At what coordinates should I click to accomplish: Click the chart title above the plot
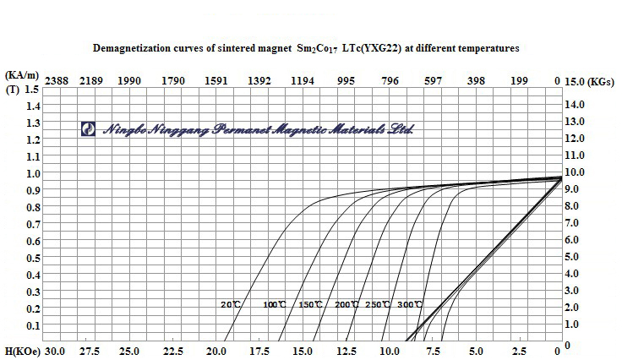coord(308,49)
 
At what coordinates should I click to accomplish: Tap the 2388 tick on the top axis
coord(56,81)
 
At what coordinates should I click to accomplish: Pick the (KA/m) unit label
coord(19,75)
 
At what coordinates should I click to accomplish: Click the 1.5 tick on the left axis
coord(32,89)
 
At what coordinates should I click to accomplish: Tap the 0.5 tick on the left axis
coord(32,258)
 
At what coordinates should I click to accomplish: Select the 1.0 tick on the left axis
coord(32,173)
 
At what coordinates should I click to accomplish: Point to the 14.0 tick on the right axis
coord(575,104)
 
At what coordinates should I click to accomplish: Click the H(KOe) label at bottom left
coord(21,351)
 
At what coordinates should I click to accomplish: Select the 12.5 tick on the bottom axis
coord(346,351)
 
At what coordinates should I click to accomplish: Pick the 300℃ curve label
coord(409,304)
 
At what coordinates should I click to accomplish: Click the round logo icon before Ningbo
coord(87,128)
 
